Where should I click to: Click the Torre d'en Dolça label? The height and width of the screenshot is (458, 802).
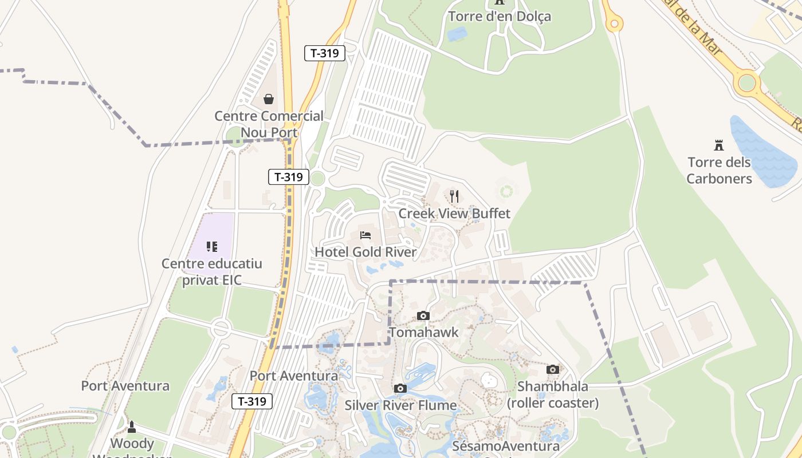click(x=500, y=16)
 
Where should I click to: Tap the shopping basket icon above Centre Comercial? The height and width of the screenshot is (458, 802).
click(x=269, y=99)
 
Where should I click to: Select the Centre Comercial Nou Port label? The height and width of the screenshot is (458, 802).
click(x=269, y=124)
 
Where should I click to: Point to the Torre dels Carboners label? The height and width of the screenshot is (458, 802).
click(x=719, y=171)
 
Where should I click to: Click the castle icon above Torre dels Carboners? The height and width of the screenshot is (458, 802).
click(x=719, y=145)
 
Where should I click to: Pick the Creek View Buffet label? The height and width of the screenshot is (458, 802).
click(x=454, y=214)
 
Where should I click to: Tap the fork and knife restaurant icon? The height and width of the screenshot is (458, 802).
click(x=454, y=197)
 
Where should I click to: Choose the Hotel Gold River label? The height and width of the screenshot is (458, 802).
click(x=365, y=252)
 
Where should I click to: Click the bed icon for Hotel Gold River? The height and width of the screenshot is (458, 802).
click(x=365, y=235)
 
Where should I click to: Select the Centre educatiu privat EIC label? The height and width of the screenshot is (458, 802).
click(x=212, y=272)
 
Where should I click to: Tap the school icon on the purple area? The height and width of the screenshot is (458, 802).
click(x=212, y=247)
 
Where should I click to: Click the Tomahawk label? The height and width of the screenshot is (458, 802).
click(x=424, y=333)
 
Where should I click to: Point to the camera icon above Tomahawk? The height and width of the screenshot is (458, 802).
click(x=423, y=315)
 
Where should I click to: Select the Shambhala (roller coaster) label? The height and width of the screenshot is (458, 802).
click(x=553, y=395)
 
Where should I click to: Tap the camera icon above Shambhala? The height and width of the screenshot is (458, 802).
click(x=553, y=370)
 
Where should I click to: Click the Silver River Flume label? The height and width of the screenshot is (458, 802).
click(x=400, y=406)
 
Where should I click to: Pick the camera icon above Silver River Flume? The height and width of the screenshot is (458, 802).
click(x=400, y=389)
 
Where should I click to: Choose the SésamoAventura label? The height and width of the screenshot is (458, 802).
click(x=506, y=446)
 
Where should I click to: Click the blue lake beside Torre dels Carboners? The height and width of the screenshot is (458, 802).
click(x=762, y=152)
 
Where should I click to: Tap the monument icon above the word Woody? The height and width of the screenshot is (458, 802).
click(x=132, y=427)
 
